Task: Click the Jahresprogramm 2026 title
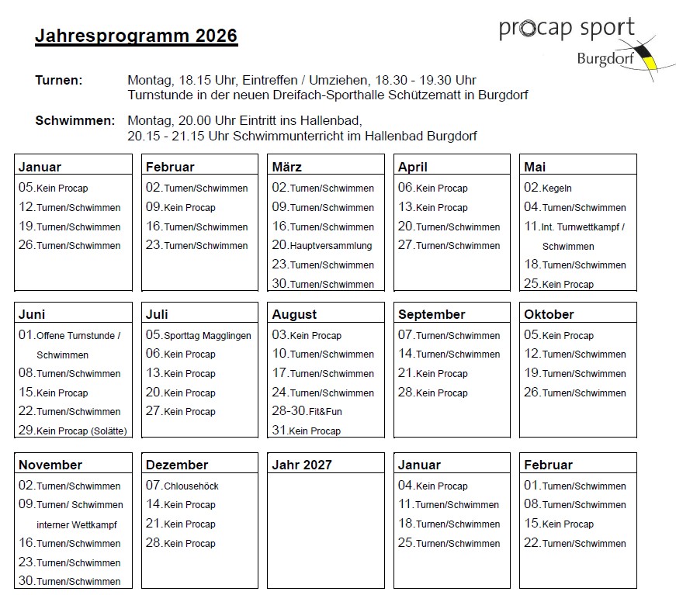click(136, 36)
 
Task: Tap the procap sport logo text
click(567, 29)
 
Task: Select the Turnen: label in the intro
click(59, 80)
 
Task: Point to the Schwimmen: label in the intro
click(75, 120)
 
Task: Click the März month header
click(287, 167)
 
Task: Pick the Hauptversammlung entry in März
click(322, 245)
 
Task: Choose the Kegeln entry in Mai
click(548, 188)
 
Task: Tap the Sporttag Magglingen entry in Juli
click(199, 335)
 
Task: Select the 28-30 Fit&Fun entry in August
click(307, 411)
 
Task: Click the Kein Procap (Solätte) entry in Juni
click(72, 431)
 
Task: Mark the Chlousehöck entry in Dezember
click(182, 486)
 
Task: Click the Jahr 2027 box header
click(302, 465)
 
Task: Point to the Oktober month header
click(549, 314)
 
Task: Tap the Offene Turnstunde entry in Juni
click(70, 335)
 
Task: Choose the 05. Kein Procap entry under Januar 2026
click(54, 188)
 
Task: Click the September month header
click(432, 314)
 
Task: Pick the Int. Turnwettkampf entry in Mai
click(574, 227)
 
